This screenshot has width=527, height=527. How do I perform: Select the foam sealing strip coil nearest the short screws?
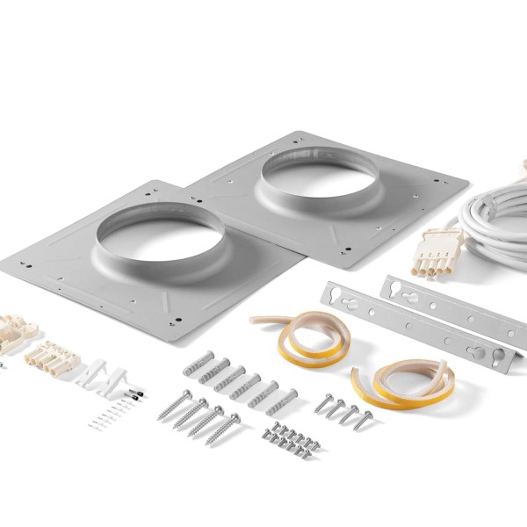pyautogui.click(x=404, y=378)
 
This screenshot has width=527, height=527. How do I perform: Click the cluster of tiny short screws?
pyautogui.click(x=289, y=437)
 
